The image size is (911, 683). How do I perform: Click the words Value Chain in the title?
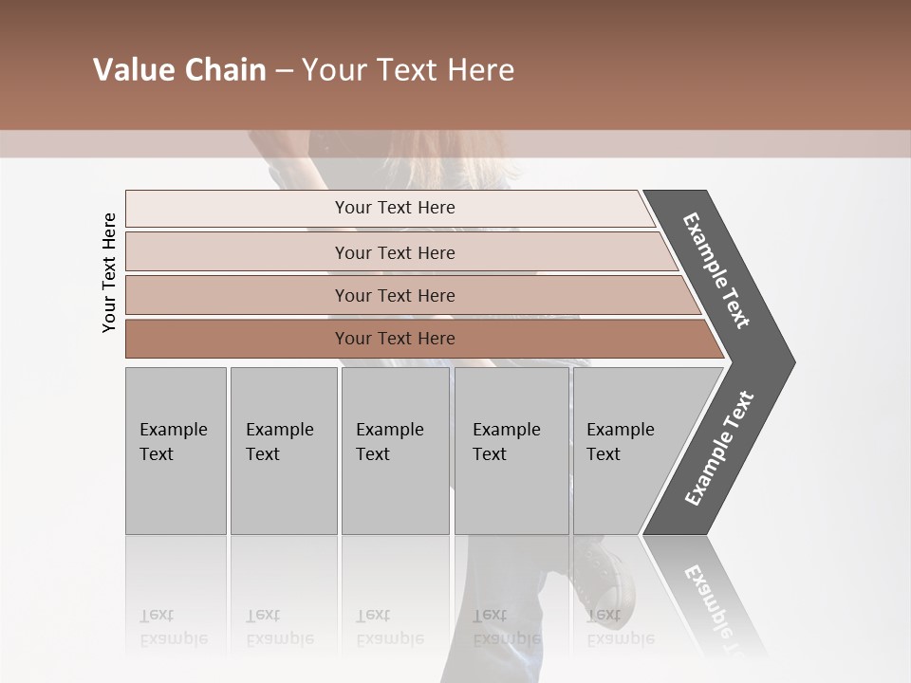click(179, 70)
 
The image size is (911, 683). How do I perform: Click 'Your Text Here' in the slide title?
click(408, 70)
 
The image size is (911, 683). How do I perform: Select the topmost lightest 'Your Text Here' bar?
click(395, 208)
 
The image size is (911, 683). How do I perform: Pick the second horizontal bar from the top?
click(395, 252)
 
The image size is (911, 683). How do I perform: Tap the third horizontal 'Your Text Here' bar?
click(395, 295)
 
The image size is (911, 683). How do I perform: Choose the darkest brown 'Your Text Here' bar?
click(395, 339)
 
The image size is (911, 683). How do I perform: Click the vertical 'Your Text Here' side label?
click(110, 272)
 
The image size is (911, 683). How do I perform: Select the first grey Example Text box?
click(176, 451)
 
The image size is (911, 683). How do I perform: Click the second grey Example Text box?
click(283, 451)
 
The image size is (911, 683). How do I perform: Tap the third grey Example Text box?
click(395, 451)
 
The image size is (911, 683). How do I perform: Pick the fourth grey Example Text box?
click(511, 451)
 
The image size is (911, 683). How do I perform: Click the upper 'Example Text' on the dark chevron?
click(716, 270)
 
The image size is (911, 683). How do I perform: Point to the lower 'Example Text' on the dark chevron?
click(719, 449)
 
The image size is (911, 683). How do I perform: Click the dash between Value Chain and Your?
click(284, 71)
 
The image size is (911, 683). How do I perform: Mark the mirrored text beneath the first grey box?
click(173, 627)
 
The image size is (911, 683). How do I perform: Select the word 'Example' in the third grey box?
click(389, 430)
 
